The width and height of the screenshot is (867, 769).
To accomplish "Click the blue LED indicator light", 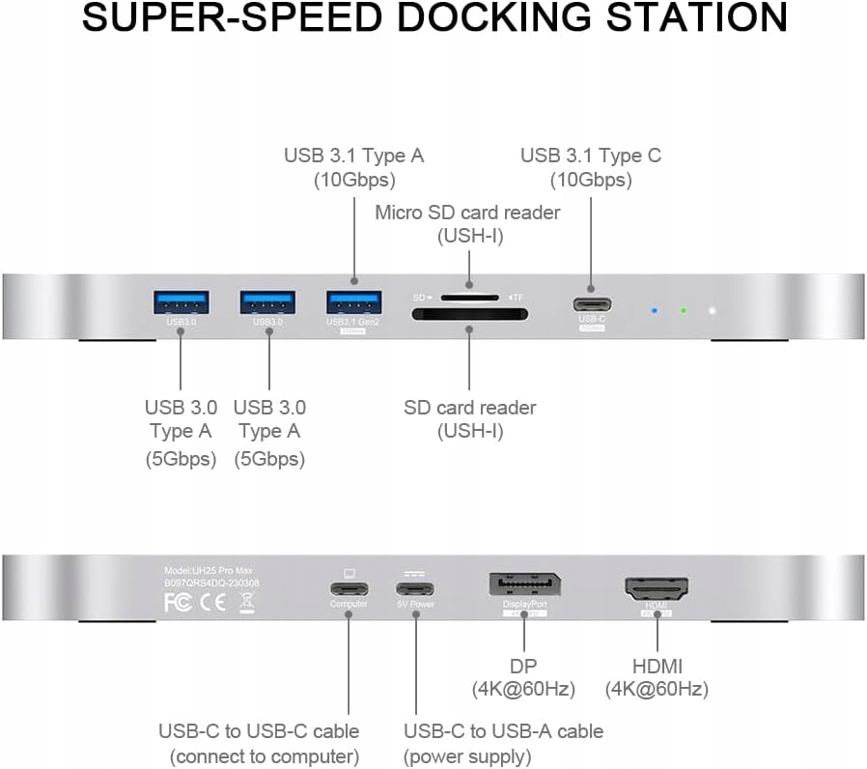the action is pos(654,311).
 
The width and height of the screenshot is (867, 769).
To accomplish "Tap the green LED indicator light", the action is pos(683,311).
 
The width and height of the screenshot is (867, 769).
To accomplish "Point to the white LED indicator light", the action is pos(713,311).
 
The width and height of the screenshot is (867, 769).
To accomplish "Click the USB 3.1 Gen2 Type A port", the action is pos(353,301).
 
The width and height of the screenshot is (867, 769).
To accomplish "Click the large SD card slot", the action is pos(467,316).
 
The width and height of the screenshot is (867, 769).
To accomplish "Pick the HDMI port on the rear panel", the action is pos(657,588).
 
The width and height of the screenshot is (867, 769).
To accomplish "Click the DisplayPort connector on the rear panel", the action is pos(524,586).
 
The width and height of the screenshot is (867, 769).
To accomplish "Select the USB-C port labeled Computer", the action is pos(349,589).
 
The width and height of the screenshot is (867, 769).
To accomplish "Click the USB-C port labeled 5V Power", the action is pos(414,589).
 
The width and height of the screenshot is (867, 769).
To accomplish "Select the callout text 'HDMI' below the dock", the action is pos(657,666).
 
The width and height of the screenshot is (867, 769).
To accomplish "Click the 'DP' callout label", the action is pos(523,666).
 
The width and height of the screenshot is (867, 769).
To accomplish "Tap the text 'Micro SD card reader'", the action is pos(467,212).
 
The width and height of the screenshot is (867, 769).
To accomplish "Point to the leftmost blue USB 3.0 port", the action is pos(182,301).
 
